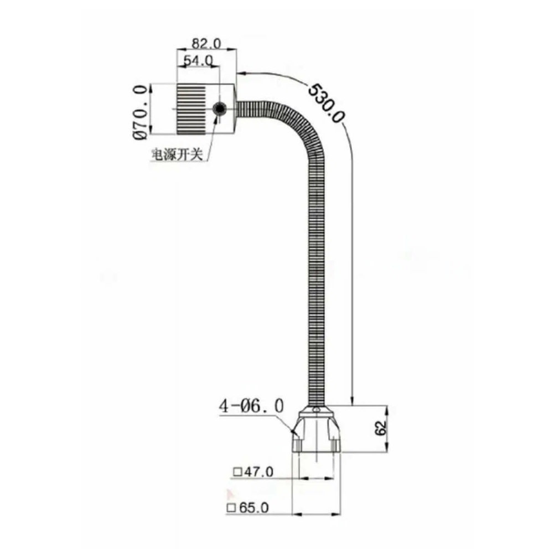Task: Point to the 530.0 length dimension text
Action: (327, 103)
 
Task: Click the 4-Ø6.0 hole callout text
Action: (251, 406)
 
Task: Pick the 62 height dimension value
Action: (379, 429)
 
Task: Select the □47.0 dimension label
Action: (253, 472)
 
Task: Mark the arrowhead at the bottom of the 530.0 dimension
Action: (352, 401)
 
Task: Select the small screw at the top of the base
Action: (315, 410)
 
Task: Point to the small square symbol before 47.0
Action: (237, 472)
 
